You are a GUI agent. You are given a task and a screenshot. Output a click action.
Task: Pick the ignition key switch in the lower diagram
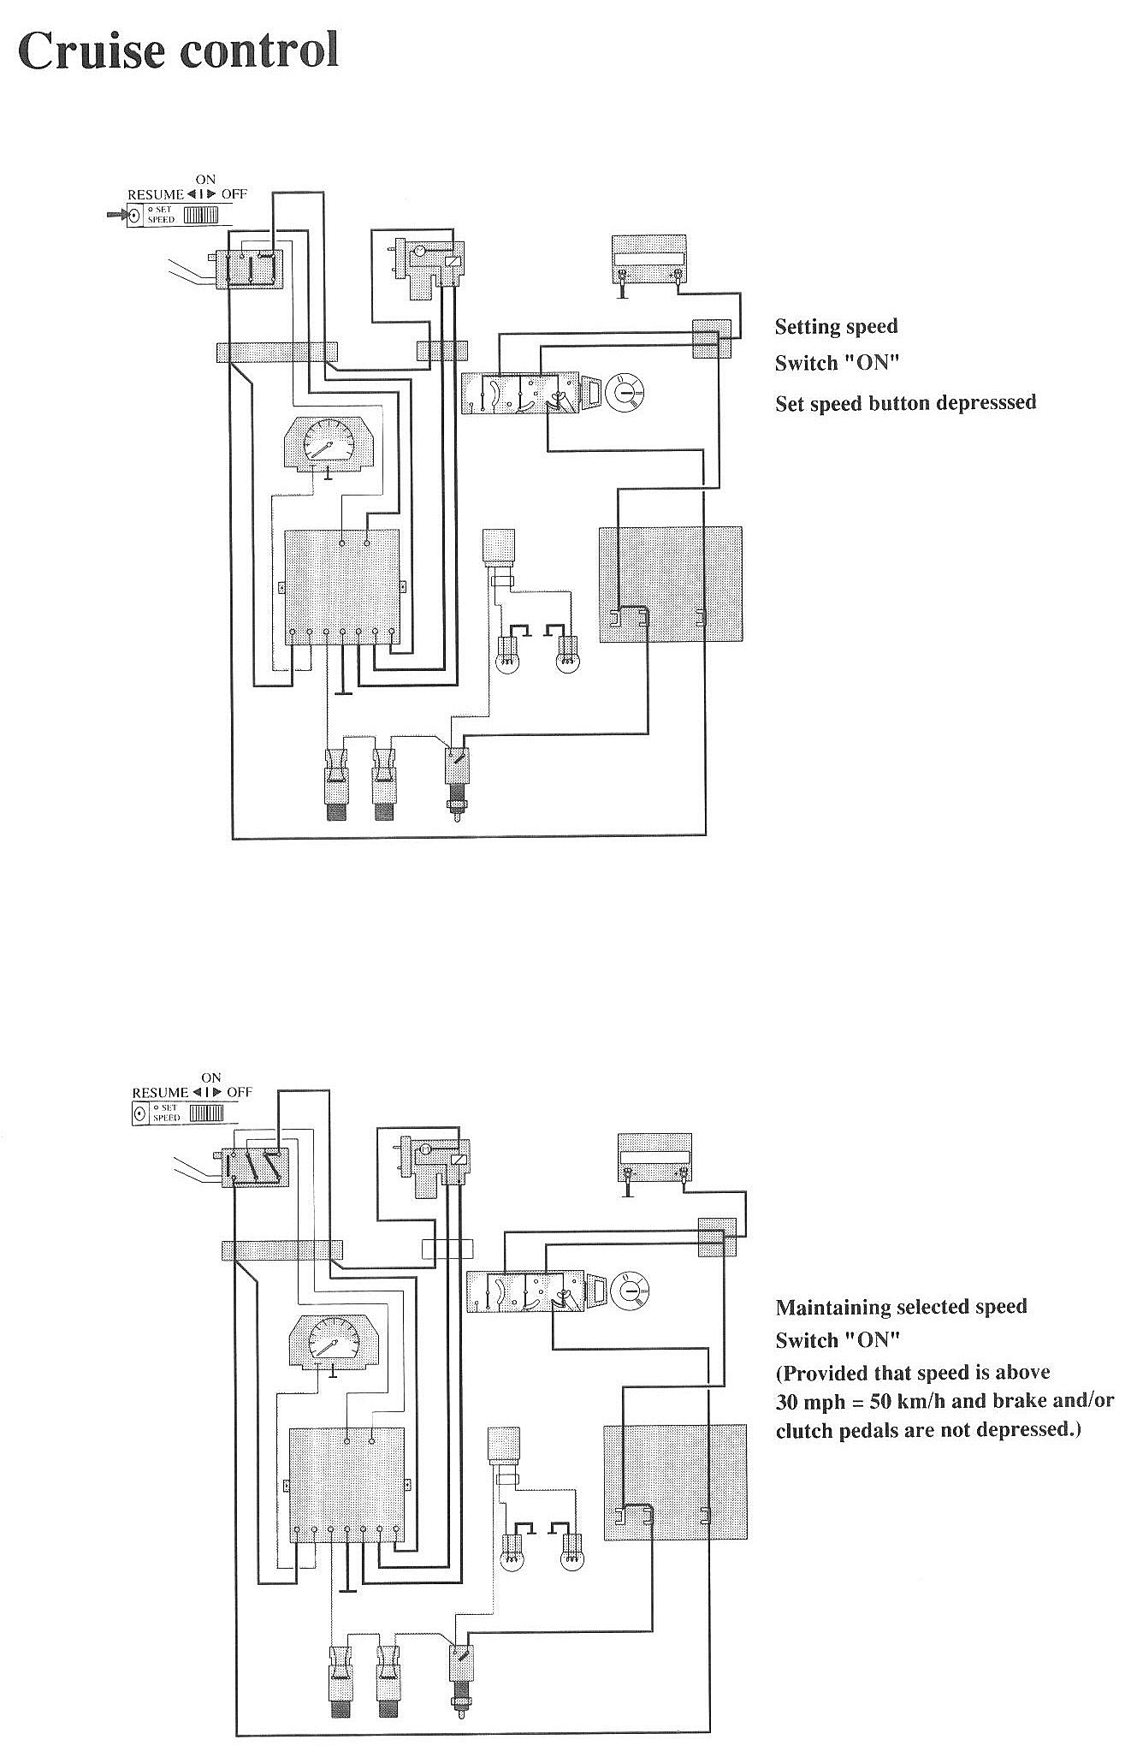point(632,1290)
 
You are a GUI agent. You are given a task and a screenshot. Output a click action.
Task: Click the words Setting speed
point(836,326)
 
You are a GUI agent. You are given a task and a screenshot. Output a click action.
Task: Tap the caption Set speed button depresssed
point(905,402)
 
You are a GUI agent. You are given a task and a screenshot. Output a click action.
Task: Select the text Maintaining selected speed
point(901,1307)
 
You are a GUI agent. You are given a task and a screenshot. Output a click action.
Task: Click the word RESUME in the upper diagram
point(156,194)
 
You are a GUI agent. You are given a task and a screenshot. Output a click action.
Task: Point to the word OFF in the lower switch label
point(240,1092)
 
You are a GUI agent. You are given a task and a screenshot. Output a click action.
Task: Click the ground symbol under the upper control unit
point(344,690)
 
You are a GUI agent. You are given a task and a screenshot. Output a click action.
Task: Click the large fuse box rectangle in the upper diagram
point(670,585)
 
